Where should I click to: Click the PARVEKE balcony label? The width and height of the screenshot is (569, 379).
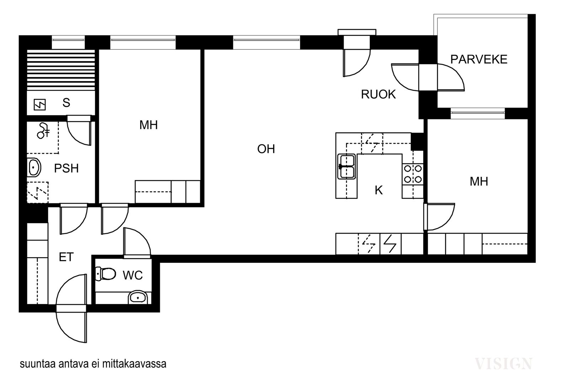[x=479, y=59]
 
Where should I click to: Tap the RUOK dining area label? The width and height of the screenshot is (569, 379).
[x=378, y=94]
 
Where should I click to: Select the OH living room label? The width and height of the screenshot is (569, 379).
[x=266, y=149]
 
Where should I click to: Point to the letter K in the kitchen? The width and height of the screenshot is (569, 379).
[x=379, y=190]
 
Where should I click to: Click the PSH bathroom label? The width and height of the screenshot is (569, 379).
[x=66, y=168]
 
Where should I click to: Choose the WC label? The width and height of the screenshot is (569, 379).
[x=133, y=275]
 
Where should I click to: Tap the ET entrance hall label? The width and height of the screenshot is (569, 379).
[x=66, y=257]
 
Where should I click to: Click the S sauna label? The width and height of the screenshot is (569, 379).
[x=66, y=103]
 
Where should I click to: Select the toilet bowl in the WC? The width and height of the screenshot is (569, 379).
[x=105, y=274]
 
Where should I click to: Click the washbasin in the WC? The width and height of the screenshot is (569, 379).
[x=138, y=297]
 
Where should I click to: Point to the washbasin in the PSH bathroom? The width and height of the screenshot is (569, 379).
[x=34, y=167]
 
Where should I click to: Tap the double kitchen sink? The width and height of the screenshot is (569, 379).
[x=346, y=167]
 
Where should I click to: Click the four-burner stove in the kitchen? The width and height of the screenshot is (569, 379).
[x=413, y=174]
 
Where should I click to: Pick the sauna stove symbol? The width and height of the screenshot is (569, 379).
[x=39, y=104]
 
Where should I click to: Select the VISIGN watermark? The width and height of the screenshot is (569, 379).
[x=504, y=364]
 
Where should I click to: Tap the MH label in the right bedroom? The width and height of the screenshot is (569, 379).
[x=479, y=182]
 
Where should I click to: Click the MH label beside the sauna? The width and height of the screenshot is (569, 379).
[x=149, y=125]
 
